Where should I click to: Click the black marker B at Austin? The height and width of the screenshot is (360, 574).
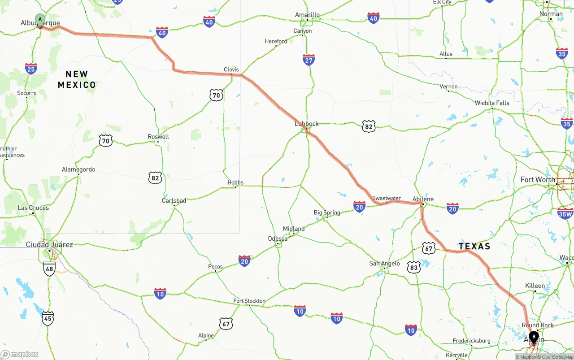(534, 337)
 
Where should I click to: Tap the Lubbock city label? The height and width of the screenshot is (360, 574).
(307, 124)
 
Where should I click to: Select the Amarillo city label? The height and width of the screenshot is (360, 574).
(307, 15)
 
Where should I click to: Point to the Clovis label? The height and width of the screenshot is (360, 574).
(231, 69)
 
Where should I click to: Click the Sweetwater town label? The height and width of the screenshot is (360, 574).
(387, 198)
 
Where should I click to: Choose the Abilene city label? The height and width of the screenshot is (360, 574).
(423, 199)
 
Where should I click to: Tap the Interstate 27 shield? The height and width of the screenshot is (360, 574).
(309, 60)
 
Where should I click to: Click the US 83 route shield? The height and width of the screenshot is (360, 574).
(413, 268)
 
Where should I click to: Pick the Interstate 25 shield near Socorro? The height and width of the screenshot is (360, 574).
(31, 69)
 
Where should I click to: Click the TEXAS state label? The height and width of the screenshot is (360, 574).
(474, 246)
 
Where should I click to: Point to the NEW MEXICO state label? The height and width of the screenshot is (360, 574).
(77, 79)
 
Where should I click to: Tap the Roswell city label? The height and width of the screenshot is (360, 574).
(158, 137)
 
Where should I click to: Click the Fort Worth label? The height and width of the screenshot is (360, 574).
(538, 180)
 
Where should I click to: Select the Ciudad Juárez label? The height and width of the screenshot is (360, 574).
(49, 244)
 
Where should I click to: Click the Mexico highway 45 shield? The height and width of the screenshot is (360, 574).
(48, 318)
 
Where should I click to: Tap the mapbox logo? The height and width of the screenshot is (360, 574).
(20, 355)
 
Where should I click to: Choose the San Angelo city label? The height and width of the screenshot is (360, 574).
(384, 263)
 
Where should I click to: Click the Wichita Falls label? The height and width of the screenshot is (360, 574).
(492, 103)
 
